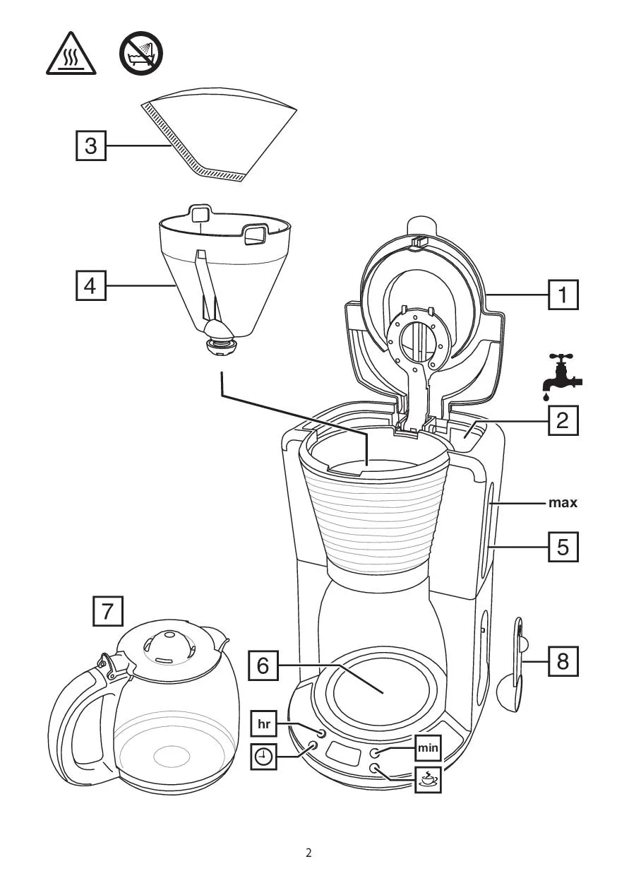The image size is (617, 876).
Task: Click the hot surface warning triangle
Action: tap(71, 55)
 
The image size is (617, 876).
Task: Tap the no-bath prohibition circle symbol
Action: tap(141, 53)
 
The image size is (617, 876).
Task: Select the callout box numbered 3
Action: tap(90, 146)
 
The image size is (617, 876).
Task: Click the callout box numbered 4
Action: tap(90, 285)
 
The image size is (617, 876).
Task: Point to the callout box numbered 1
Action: tap(563, 295)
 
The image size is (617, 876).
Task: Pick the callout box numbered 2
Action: tap(563, 420)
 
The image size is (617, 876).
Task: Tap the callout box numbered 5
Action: tap(563, 547)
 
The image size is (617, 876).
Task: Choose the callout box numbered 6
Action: tap(263, 665)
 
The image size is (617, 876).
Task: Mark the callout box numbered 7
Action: tap(108, 611)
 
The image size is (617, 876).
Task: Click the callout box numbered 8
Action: tap(563, 661)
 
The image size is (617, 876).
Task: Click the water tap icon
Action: tap(562, 377)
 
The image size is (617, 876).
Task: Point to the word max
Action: tap(563, 502)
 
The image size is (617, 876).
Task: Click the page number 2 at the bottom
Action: tap(308, 853)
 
